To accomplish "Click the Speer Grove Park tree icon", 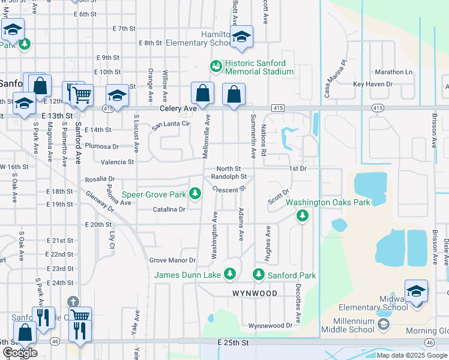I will click(x=194, y=193).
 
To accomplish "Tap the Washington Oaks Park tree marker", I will click(x=303, y=215).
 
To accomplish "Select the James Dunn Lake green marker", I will click(x=229, y=274).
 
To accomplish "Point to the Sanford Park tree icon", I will click(x=259, y=274).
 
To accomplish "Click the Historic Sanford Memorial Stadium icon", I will click(x=214, y=67).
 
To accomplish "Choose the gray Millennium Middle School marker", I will click(x=384, y=324).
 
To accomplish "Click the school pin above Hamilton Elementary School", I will click(x=241, y=37).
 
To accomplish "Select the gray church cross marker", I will click(x=73, y=301).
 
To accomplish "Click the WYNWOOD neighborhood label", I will click(x=255, y=293).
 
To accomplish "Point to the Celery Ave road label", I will click(x=178, y=109).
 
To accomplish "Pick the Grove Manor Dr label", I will click(x=172, y=260).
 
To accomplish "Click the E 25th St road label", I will click(x=233, y=342).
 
